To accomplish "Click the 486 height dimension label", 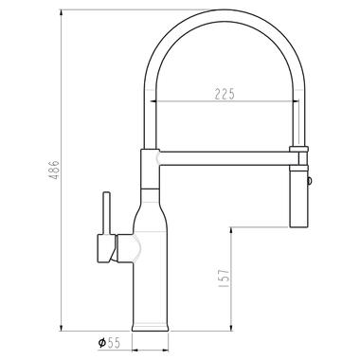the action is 54,171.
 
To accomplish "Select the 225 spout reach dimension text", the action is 225,94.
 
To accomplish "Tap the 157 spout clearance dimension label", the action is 224,279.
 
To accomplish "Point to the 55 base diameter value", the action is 114,343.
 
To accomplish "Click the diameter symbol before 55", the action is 101,343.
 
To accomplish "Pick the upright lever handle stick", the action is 107,213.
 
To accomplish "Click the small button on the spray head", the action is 310,181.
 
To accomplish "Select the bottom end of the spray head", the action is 298,226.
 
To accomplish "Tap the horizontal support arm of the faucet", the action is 228,158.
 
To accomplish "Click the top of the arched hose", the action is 225,15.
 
